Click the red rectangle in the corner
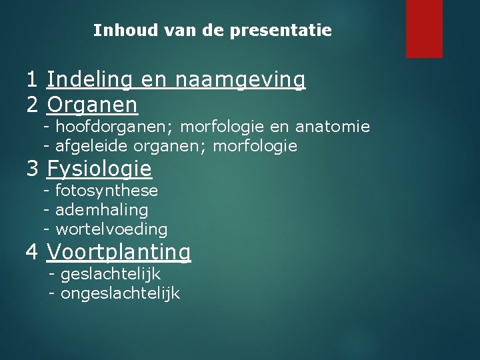pos(424,28)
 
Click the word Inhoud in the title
pos(117,31)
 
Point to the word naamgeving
pos(241,80)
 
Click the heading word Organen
pos(93,104)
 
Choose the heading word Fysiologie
pos(99,169)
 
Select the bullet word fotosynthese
pos(107,191)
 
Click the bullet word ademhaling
pos(102,210)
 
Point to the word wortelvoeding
pos(111,229)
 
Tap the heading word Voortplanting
pos(119,252)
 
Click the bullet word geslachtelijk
pos(111,274)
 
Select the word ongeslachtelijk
pos(120,293)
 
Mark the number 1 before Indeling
pos(32,80)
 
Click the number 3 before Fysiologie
pos(32,169)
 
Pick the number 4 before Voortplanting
pos(32,252)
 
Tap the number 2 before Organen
pos(32,104)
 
